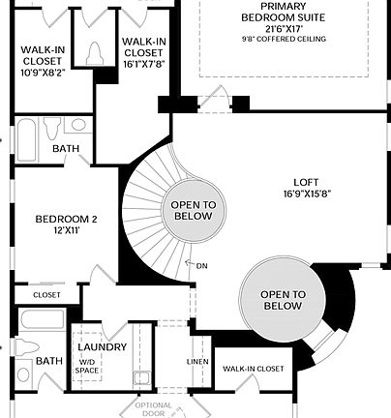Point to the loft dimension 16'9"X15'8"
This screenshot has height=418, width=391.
tap(308, 194)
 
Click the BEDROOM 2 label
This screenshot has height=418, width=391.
tap(67, 219)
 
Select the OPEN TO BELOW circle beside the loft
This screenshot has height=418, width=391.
tap(283, 300)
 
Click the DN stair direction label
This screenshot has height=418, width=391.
tap(201, 266)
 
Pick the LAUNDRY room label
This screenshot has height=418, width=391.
tap(102, 346)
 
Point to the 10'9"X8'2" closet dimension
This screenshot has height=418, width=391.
tap(43, 70)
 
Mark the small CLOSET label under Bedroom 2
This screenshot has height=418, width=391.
tap(46, 294)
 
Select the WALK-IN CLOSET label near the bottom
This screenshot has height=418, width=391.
tap(254, 369)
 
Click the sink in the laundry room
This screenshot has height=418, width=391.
tap(141, 377)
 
